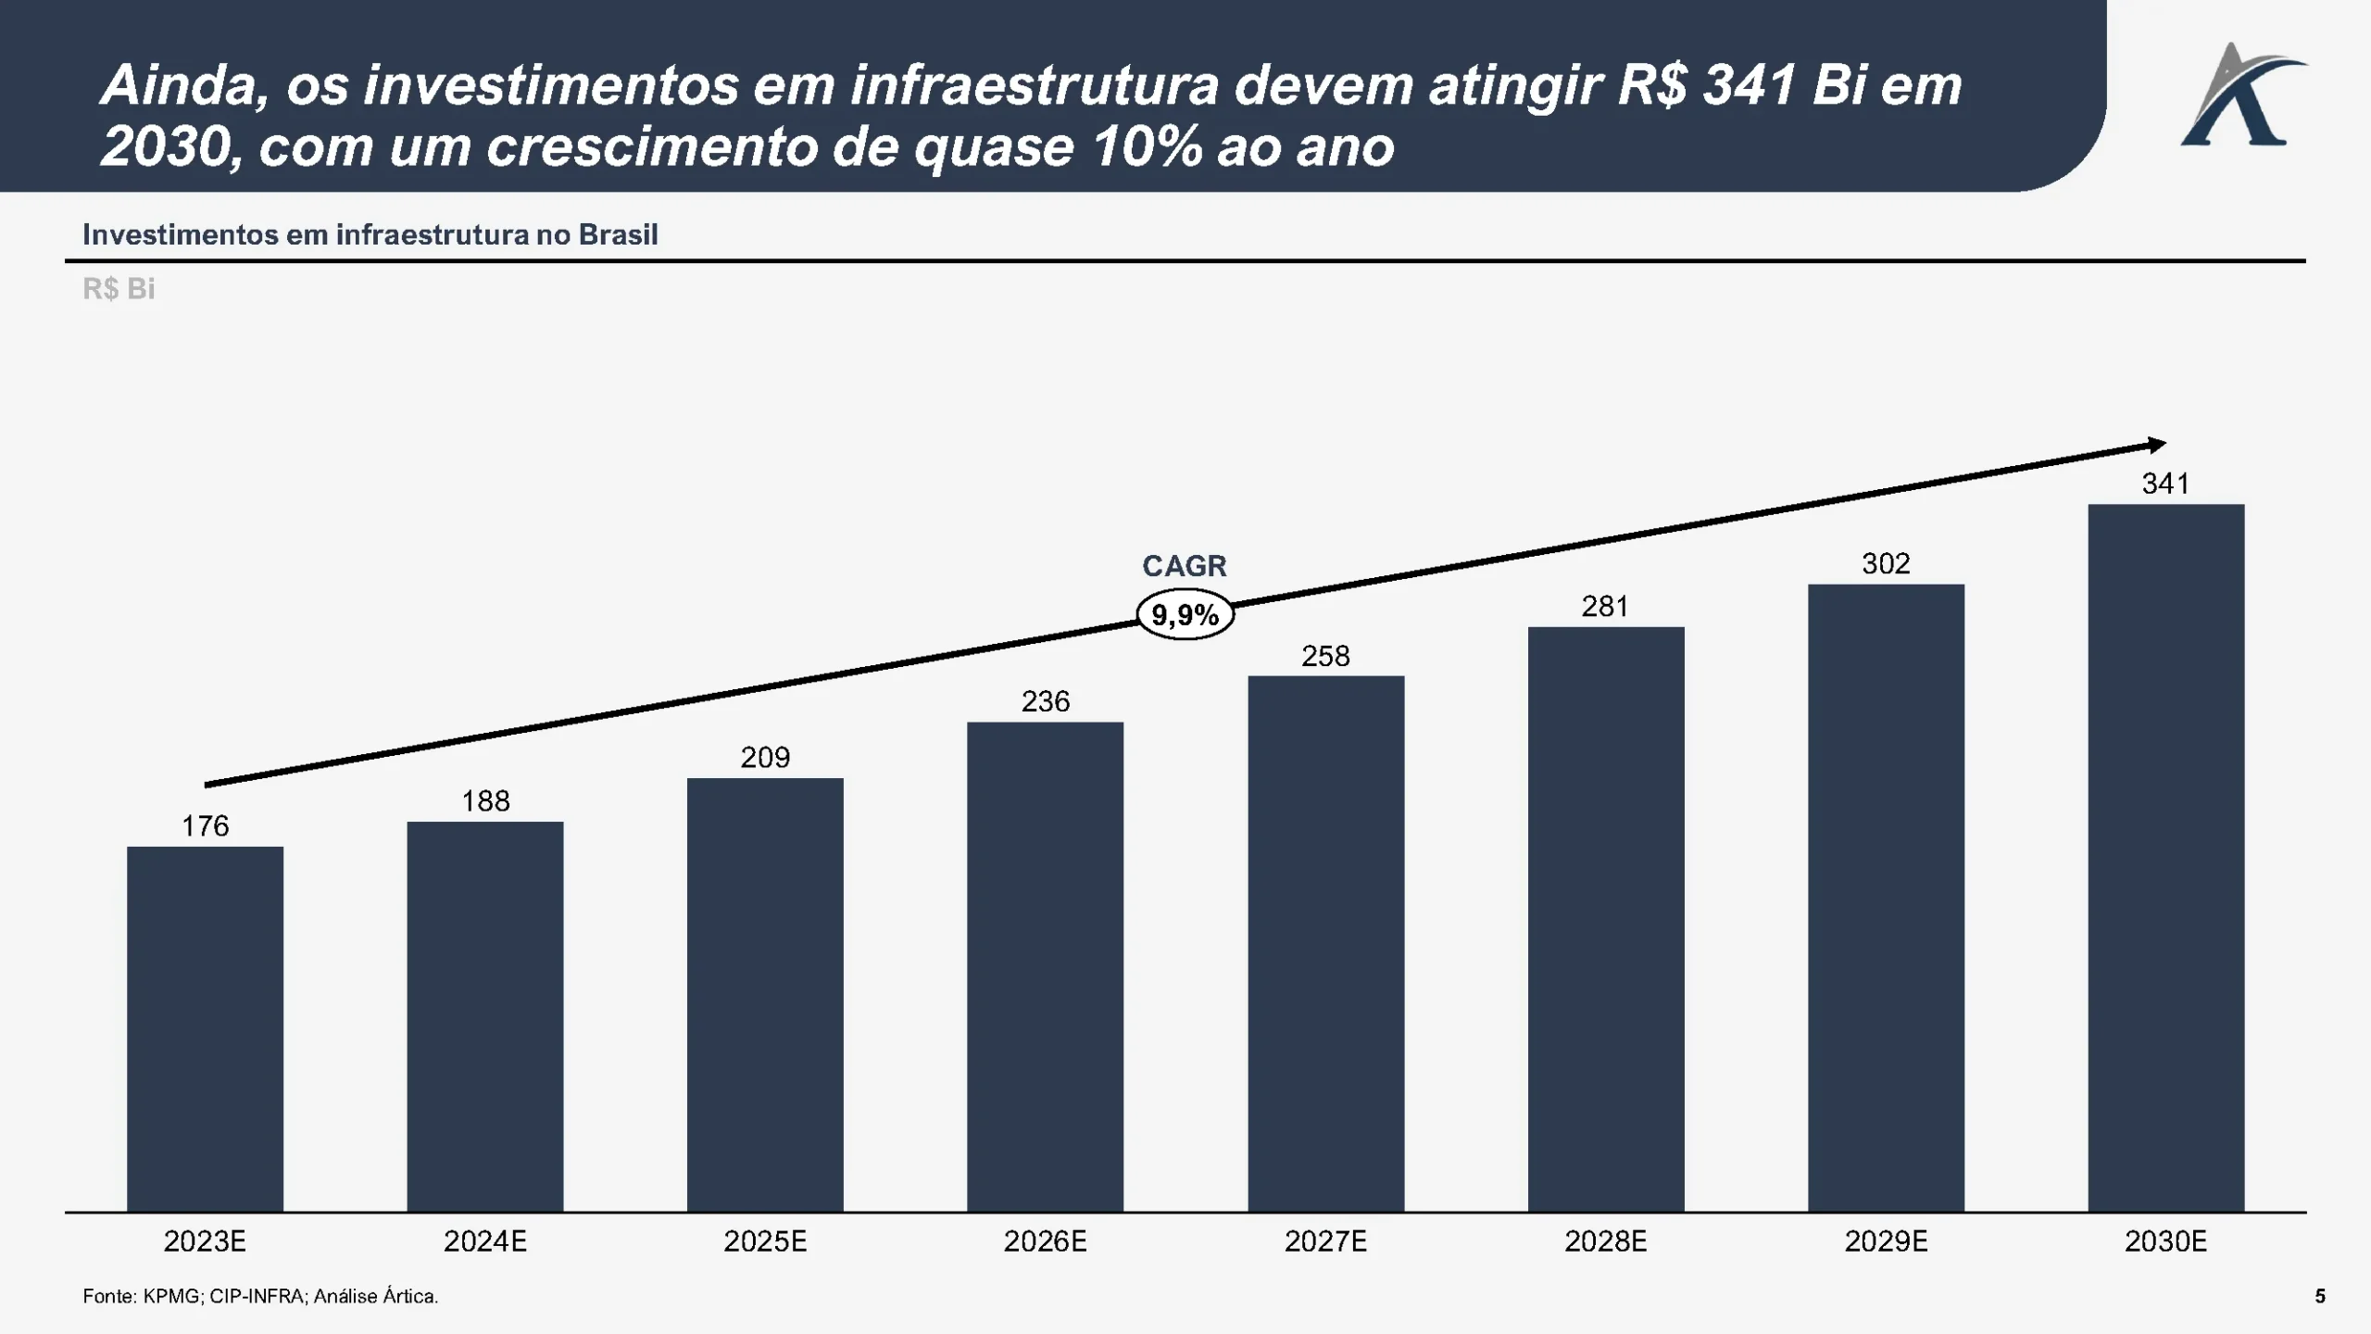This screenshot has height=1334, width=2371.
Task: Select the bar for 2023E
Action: [205, 1028]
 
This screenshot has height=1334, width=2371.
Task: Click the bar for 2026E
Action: [1045, 966]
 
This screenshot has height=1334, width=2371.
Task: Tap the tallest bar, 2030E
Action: [2165, 857]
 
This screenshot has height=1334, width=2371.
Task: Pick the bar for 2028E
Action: [1605, 919]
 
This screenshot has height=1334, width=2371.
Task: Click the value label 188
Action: [485, 801]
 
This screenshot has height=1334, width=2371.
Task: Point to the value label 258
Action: [1325, 657]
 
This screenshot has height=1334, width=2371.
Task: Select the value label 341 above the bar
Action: [2165, 484]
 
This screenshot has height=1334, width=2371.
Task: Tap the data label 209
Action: [765, 758]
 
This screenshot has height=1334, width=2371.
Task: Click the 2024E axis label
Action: [485, 1241]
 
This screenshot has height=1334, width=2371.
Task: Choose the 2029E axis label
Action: [1886, 1241]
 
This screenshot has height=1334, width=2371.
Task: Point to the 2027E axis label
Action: [1325, 1241]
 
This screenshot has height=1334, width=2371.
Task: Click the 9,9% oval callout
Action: [1185, 615]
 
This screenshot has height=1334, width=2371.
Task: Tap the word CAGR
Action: [1184, 566]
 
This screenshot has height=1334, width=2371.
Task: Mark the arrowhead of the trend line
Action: [2157, 446]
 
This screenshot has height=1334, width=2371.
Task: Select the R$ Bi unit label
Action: [119, 289]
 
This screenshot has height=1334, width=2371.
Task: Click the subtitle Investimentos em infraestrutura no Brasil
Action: [370, 234]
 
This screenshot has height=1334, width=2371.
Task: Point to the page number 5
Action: [2320, 1296]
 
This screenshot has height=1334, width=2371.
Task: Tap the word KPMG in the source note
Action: [171, 1296]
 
